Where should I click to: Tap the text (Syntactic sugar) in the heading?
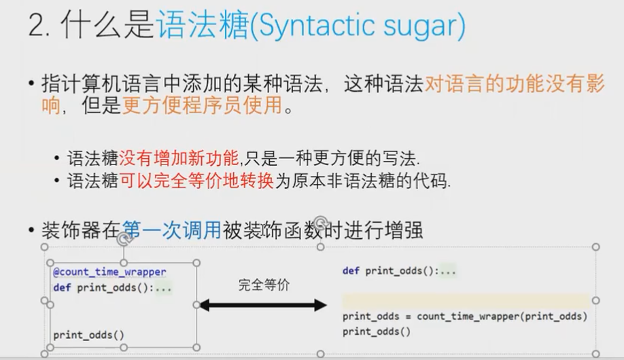click(358, 26)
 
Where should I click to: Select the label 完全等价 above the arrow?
click(264, 285)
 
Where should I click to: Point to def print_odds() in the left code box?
click(111, 287)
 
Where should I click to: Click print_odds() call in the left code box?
click(89, 334)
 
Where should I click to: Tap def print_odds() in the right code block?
click(399, 271)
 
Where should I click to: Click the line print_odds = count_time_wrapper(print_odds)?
click(464, 316)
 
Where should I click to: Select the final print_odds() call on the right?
click(377, 331)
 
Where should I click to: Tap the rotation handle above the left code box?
click(123, 238)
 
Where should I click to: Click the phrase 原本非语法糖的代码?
click(380, 181)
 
